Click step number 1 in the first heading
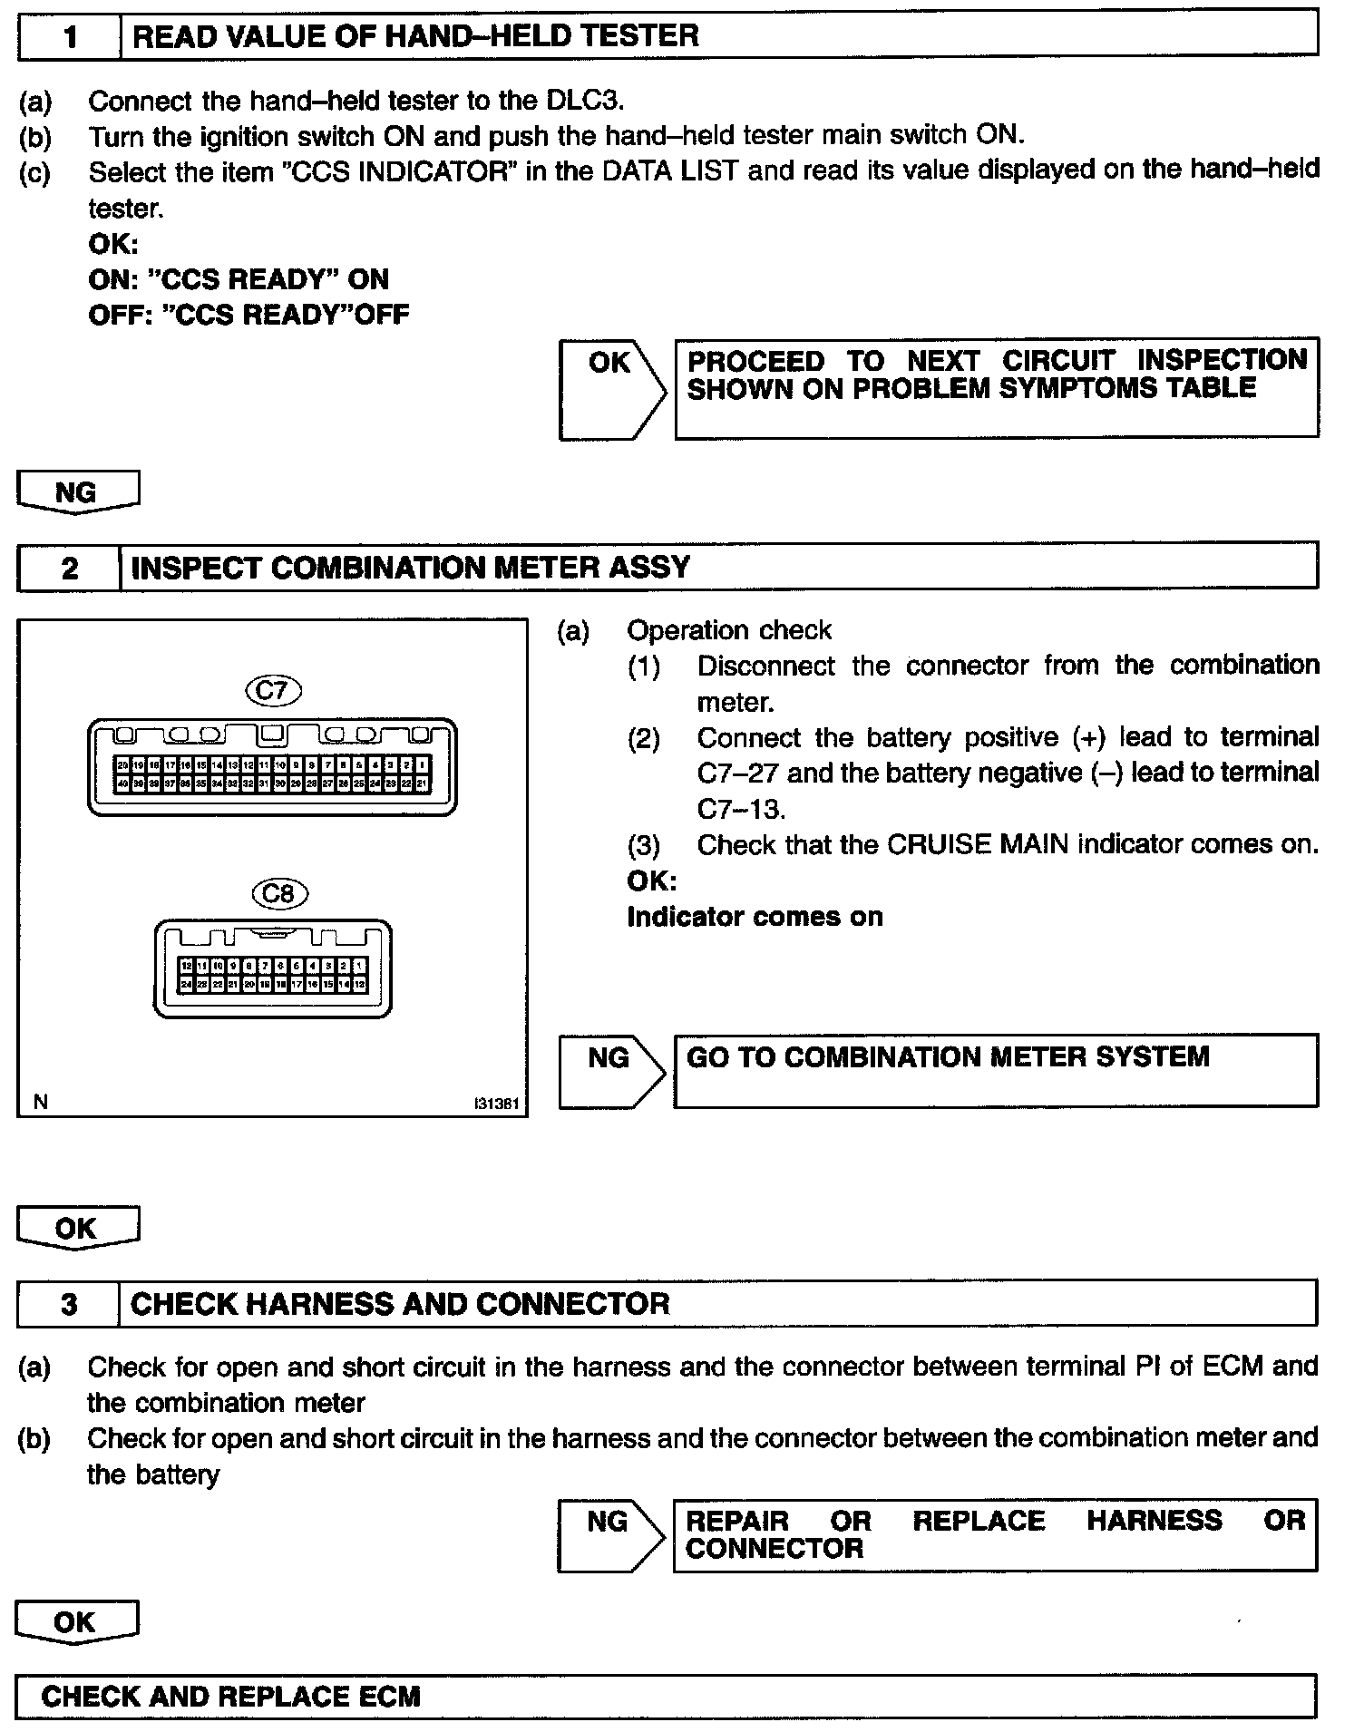70,36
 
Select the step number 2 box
70,568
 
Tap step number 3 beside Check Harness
69,1304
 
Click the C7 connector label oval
273,690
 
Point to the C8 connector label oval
279,894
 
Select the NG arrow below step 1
77,492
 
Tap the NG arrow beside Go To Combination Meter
610,1070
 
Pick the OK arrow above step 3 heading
77,1229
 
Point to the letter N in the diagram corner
40,1102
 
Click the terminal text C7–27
737,774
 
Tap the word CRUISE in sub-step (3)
939,845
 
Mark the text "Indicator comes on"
755,917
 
